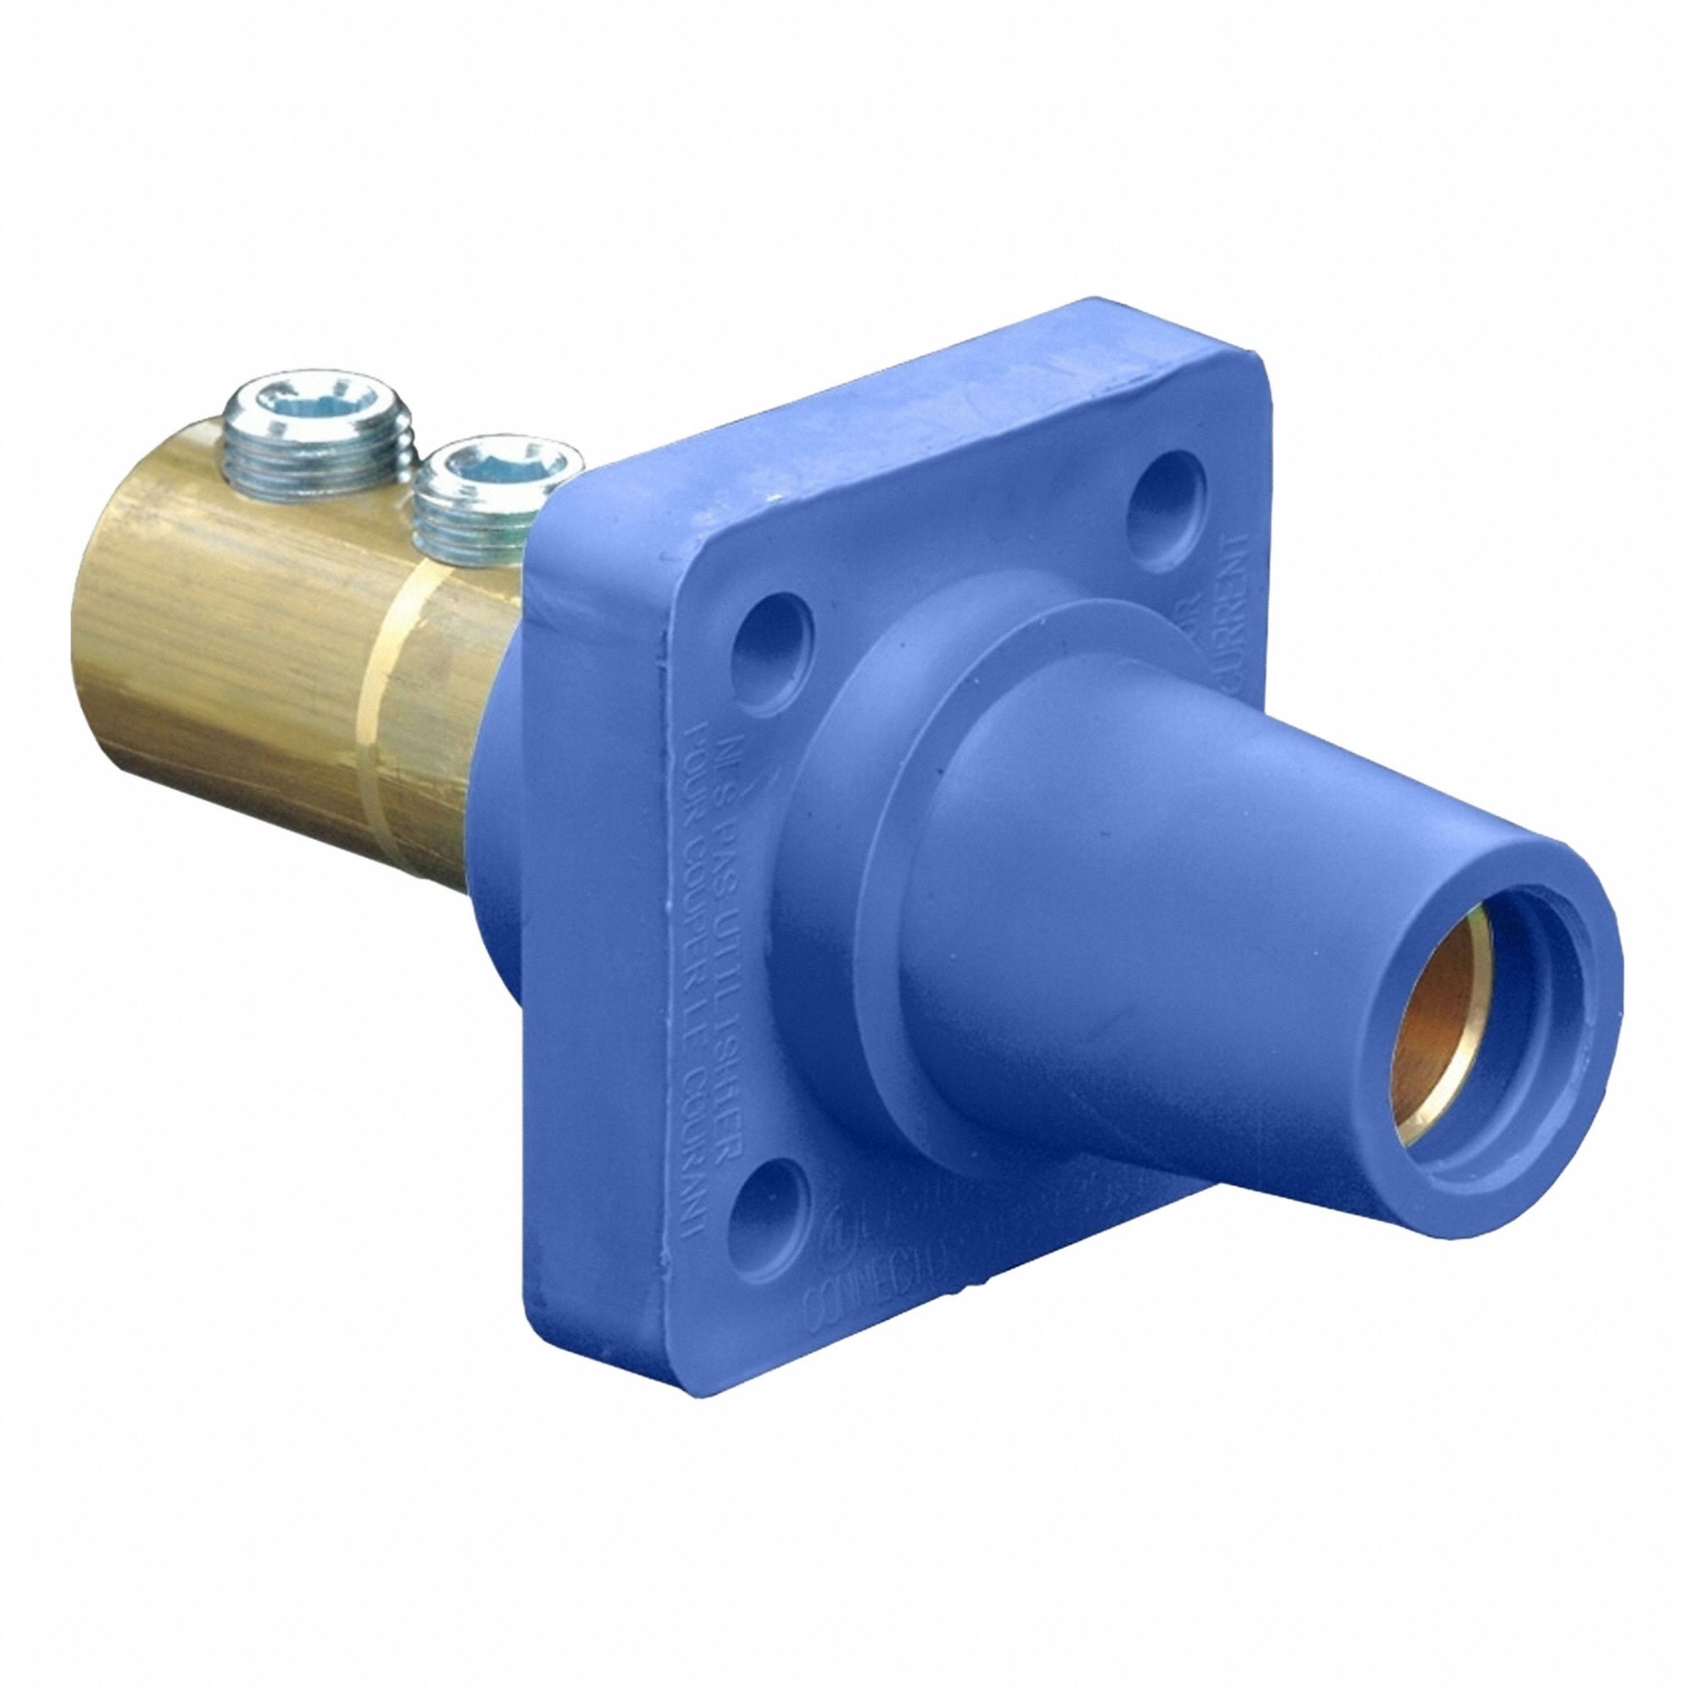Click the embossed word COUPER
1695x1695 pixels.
(702, 886)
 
